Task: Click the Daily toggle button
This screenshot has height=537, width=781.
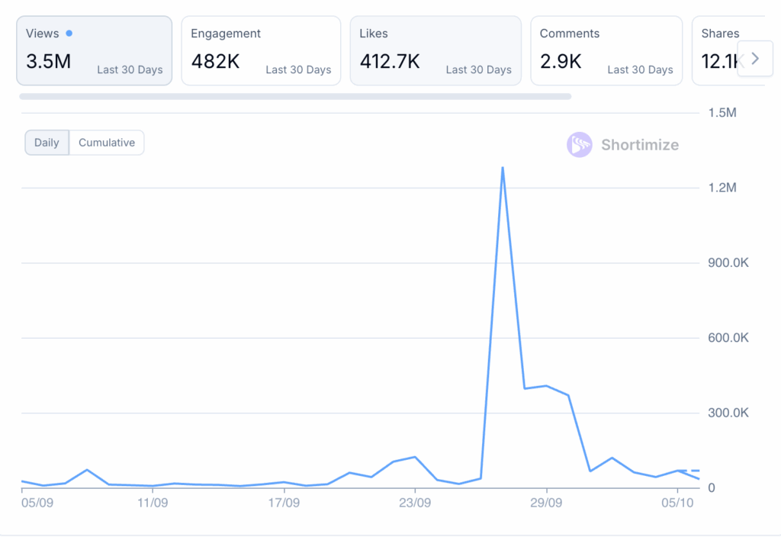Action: [47, 143]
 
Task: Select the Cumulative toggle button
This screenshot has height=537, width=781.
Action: [107, 143]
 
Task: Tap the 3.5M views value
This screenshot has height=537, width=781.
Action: [48, 62]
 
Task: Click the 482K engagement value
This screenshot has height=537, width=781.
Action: [215, 62]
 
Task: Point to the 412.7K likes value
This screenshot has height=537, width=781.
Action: [390, 62]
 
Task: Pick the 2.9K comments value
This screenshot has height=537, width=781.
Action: [561, 62]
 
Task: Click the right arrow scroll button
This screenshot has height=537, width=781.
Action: [755, 59]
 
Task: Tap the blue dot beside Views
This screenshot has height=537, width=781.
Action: [69, 33]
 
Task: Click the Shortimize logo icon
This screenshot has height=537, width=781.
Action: [580, 145]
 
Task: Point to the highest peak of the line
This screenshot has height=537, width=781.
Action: [503, 167]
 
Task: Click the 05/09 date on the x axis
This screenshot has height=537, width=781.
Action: [36, 503]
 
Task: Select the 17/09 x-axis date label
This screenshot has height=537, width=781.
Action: [284, 503]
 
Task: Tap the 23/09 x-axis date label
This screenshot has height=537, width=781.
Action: [415, 503]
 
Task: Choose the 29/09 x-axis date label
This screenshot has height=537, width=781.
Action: [546, 503]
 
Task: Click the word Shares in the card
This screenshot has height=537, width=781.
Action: [720, 33]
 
